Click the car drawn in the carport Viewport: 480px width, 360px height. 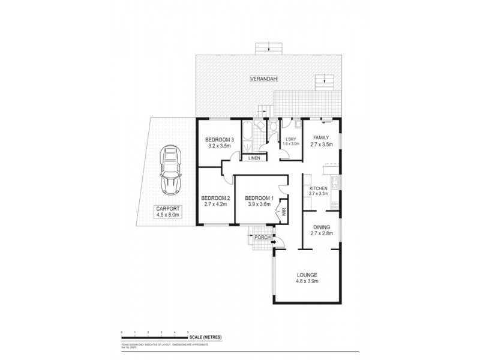click(x=170, y=171)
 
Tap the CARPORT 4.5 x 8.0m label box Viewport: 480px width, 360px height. click(x=167, y=212)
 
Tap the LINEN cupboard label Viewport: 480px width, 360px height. click(x=251, y=158)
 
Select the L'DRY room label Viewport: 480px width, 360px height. click(x=291, y=142)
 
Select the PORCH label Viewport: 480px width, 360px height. click(x=262, y=236)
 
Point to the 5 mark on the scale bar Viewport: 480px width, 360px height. click(x=188, y=332)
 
